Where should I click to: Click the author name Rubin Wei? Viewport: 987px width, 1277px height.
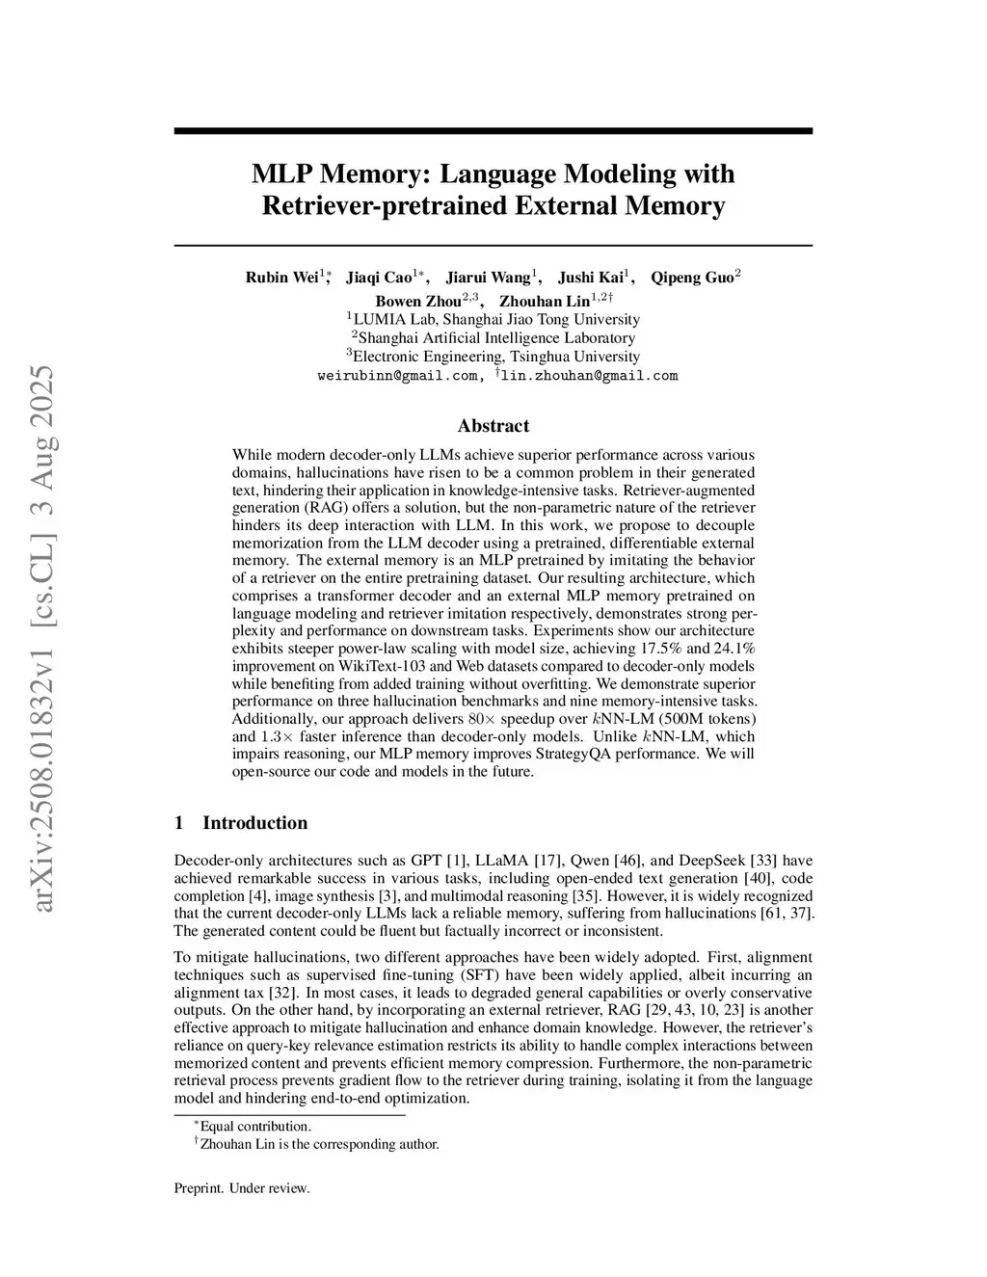281,278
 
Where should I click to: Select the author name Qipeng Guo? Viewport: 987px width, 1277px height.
692,278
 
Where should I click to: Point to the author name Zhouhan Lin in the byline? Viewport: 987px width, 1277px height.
544,301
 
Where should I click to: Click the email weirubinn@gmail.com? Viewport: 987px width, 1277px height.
397,376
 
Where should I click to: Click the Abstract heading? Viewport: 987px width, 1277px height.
493,426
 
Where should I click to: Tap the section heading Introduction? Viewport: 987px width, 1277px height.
254,822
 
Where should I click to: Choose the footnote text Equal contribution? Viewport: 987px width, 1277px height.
255,1126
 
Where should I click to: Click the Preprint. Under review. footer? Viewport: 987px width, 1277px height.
242,1188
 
